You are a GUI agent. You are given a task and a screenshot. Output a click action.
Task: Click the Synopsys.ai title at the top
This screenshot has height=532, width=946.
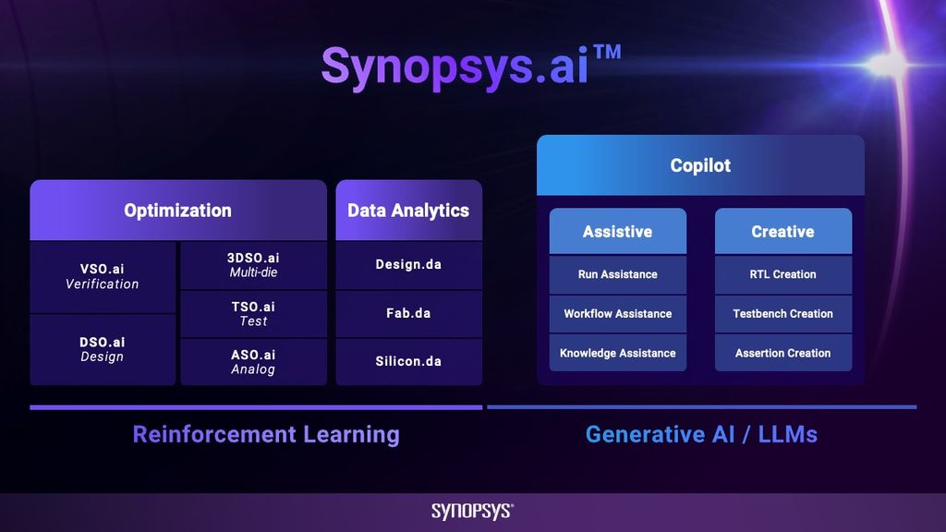(x=455, y=66)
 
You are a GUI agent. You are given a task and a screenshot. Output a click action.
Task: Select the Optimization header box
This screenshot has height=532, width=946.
(x=178, y=211)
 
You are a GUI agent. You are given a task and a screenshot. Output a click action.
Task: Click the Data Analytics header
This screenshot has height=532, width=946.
(x=408, y=211)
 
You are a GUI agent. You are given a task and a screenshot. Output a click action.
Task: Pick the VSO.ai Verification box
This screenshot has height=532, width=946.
(x=103, y=276)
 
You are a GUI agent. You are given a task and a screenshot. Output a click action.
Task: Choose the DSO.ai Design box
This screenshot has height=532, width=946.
(x=103, y=349)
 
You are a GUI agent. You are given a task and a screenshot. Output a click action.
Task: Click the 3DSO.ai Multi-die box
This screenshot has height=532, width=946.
(x=254, y=265)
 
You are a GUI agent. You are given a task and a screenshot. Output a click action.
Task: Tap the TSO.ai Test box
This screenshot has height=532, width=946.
(x=254, y=314)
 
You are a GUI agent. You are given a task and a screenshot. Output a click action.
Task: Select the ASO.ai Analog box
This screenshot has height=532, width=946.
(x=254, y=362)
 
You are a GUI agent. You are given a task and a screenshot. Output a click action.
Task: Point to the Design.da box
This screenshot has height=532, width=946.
(x=408, y=265)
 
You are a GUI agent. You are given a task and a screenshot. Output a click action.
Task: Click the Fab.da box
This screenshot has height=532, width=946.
(x=408, y=313)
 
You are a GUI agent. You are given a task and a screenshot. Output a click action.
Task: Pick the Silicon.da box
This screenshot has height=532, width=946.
(x=408, y=361)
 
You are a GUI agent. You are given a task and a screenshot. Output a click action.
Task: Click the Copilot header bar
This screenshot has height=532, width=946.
(x=700, y=166)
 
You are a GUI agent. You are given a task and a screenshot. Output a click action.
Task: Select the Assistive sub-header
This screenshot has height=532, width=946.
(x=618, y=232)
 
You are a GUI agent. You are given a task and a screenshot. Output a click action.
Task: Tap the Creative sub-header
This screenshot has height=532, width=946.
(x=783, y=232)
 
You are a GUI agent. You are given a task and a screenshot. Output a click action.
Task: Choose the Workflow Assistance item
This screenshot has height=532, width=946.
(x=618, y=314)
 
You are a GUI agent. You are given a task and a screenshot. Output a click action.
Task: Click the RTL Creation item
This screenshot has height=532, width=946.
(x=783, y=274)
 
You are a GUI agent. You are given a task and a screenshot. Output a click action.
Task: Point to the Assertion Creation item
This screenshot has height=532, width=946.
(x=783, y=353)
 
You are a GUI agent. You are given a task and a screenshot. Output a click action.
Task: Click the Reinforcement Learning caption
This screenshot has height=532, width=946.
(x=266, y=434)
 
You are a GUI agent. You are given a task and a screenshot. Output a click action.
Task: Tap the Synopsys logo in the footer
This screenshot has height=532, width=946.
(x=472, y=512)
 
